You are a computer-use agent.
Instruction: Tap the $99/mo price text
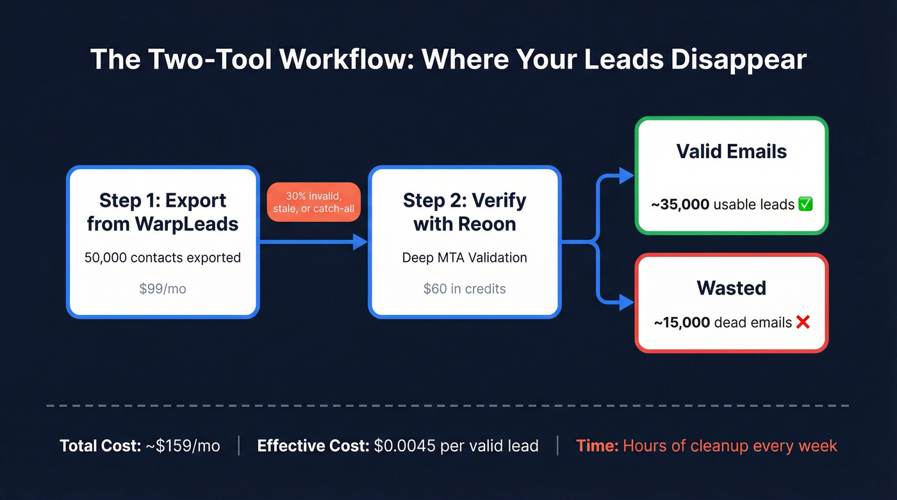(163, 289)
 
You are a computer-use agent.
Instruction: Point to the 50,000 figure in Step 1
(105, 258)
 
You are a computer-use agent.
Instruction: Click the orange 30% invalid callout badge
(313, 202)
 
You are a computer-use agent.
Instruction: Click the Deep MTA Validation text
(465, 258)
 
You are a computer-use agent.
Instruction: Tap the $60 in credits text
(465, 289)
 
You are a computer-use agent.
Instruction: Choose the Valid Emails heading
(731, 152)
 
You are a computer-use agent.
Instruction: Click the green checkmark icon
(805, 205)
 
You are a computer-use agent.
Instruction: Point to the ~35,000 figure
(680, 205)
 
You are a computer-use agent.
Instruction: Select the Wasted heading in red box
(731, 288)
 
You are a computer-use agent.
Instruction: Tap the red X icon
(803, 323)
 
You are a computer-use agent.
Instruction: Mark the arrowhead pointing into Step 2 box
(359, 242)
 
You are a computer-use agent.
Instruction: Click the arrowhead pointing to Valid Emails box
(627, 177)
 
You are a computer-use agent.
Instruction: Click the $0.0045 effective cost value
(404, 446)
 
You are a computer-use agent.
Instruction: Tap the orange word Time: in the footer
(597, 446)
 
